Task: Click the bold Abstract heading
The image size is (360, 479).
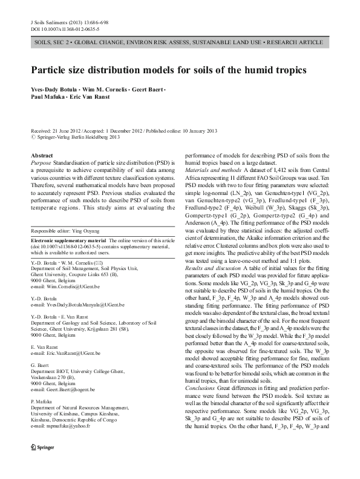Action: (x=42, y=156)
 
